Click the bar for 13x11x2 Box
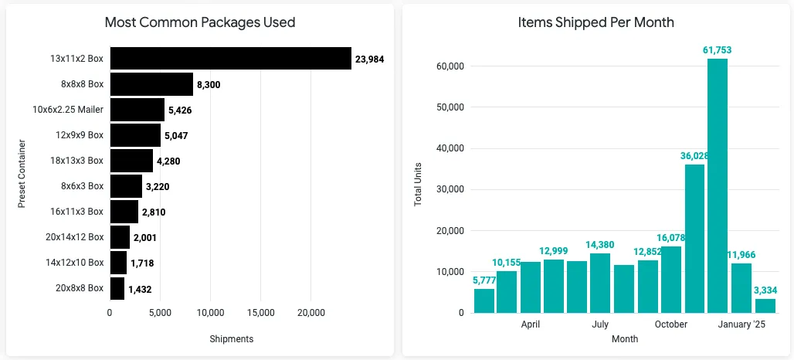230,59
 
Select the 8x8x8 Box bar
151,84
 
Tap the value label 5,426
180,110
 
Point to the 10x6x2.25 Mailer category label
68,110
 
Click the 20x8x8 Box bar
117,288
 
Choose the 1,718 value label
144,263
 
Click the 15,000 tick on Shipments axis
260,313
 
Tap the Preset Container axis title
22,173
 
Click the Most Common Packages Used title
200,22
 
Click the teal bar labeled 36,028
694,238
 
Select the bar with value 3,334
765,305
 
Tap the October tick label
670,324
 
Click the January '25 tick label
741,324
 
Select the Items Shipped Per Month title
595,22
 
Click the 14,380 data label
600,245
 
